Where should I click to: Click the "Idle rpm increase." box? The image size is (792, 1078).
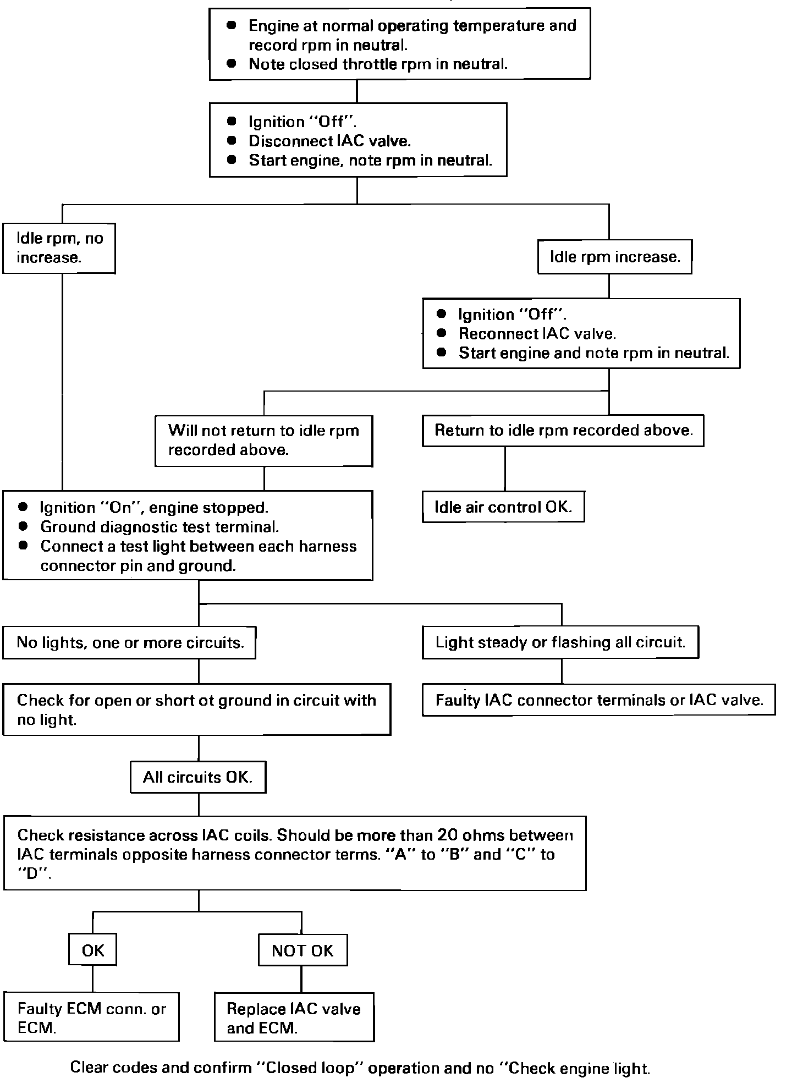[x=614, y=257]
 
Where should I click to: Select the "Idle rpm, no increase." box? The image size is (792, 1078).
[x=59, y=248]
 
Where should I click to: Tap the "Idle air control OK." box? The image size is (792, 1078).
[x=503, y=507]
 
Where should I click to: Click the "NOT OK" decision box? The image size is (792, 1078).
[x=302, y=950]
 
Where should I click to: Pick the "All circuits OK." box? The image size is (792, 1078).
[x=198, y=777]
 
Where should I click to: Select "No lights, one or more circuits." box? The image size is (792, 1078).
[x=129, y=642]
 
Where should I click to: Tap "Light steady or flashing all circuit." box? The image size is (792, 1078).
[x=560, y=642]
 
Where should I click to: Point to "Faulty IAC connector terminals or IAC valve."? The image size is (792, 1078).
[x=599, y=700]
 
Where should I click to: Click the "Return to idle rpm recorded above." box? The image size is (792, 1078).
[x=563, y=430]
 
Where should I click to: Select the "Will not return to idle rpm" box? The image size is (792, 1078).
[x=264, y=441]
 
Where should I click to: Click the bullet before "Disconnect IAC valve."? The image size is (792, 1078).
[x=232, y=141]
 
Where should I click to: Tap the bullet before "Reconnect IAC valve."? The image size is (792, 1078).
[x=441, y=333]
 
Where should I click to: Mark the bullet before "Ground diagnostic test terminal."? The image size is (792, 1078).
[x=23, y=526]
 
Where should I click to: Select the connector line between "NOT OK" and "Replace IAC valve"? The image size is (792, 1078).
[x=301, y=979]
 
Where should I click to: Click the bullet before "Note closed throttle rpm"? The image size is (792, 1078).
[x=232, y=64]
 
